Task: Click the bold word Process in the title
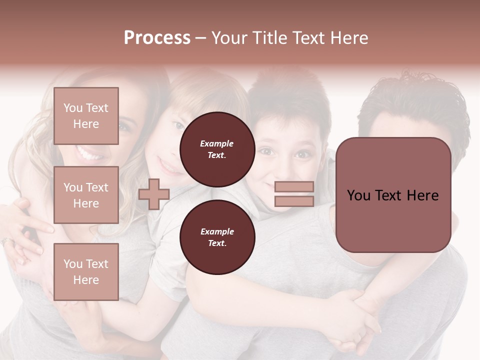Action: (157, 38)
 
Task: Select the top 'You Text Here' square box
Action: (86, 116)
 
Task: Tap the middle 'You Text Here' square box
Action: (86, 195)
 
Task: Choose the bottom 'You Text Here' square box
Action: (86, 272)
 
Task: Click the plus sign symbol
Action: (153, 194)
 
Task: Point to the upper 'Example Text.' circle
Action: (217, 149)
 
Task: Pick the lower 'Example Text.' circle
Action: (217, 237)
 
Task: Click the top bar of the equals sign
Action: (294, 186)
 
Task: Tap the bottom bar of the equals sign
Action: (294, 201)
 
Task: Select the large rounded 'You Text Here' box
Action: (393, 195)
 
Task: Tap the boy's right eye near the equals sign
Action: (301, 154)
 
